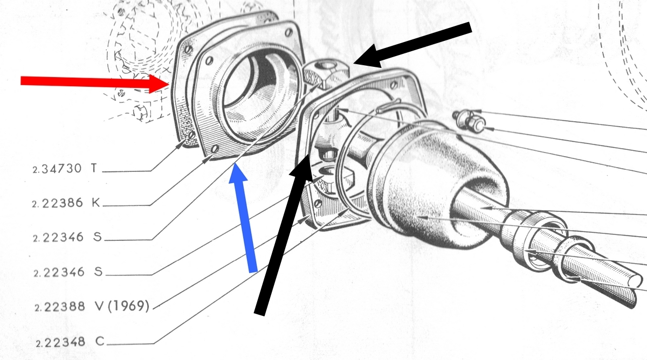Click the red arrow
95,82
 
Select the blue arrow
243,217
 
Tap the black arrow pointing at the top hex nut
412,45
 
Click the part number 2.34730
57,169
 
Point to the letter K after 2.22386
96,203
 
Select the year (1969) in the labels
128,306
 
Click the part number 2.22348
60,342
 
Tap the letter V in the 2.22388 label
99,306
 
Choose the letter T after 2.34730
94,168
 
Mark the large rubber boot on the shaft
436,185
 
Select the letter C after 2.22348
100,342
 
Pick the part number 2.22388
60,307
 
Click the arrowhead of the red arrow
159,84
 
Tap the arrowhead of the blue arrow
237,172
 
